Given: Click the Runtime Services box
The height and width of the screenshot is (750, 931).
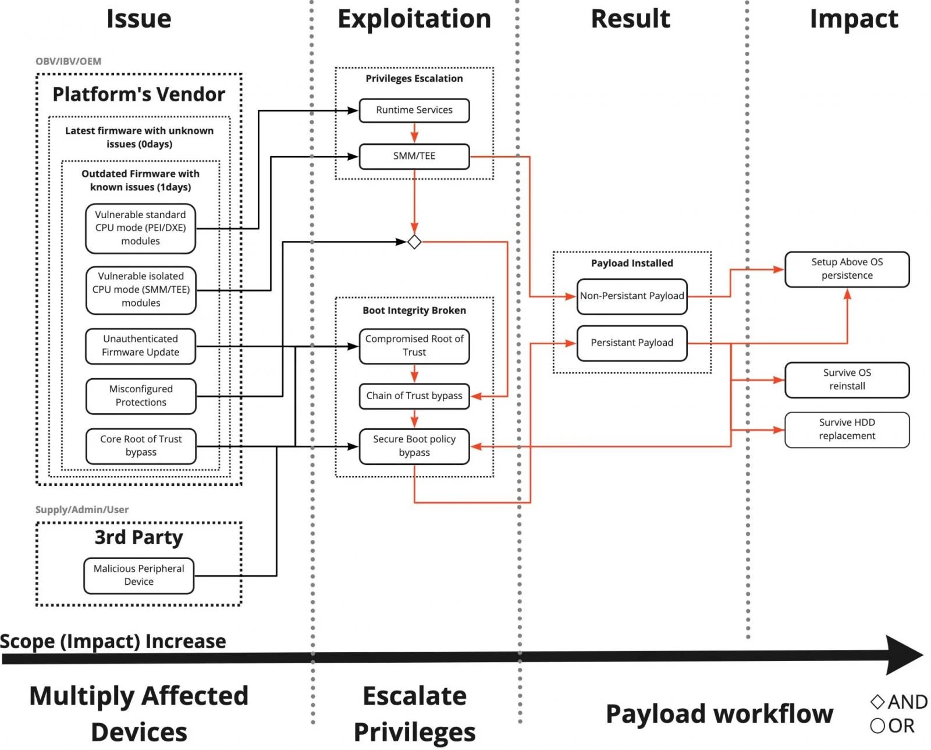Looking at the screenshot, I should coord(414,110).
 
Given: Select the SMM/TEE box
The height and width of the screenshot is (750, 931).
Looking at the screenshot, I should coord(414,156).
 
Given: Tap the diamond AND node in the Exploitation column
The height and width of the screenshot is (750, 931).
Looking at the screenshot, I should coord(414,241).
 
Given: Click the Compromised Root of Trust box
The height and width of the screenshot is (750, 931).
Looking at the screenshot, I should coord(414,346).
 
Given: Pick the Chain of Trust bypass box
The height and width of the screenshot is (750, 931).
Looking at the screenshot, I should coord(414,396).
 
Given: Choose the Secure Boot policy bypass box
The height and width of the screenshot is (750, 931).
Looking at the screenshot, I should coord(414,446).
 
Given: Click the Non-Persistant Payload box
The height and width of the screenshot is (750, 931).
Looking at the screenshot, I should coord(631,296).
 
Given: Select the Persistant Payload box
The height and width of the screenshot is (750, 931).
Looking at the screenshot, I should coord(631,343).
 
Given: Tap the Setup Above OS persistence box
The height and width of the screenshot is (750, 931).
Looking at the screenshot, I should coord(847,269).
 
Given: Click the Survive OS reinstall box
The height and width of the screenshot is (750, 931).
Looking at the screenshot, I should coord(847,379).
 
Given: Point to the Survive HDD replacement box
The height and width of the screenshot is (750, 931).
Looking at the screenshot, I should coord(847,429).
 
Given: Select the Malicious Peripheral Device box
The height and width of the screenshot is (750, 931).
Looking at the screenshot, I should coord(138,575).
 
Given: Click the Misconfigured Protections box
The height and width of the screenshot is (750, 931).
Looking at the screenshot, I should coord(140,396).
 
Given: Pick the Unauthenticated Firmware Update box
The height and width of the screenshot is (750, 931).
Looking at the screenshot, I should coord(140,346).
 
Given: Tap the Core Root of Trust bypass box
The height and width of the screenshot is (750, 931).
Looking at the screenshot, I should coord(140,446).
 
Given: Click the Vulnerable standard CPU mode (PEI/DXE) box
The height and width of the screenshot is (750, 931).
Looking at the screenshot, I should coord(140,228).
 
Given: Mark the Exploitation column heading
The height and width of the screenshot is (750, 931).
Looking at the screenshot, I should coord(414,19).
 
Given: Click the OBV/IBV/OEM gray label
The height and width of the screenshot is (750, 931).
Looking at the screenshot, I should coord(68,61).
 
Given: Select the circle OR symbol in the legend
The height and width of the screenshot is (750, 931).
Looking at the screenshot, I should coord(877,726).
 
